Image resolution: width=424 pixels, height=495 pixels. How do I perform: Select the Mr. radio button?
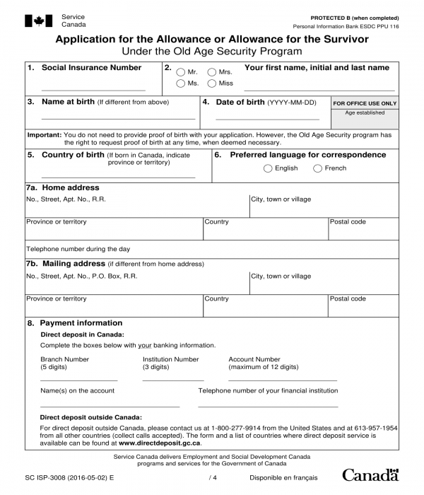[181, 72]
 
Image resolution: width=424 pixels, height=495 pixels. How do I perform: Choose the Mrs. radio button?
[212, 72]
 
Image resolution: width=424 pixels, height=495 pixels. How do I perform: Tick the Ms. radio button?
[181, 83]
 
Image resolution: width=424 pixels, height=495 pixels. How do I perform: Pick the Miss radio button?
[212, 83]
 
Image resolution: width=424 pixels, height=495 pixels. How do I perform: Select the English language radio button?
[268, 168]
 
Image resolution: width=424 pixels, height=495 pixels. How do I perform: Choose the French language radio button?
[317, 168]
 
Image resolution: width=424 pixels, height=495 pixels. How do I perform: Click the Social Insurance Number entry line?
[93, 90]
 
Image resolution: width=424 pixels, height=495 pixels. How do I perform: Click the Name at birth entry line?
[118, 119]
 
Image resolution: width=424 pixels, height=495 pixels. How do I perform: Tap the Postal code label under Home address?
[348, 222]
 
